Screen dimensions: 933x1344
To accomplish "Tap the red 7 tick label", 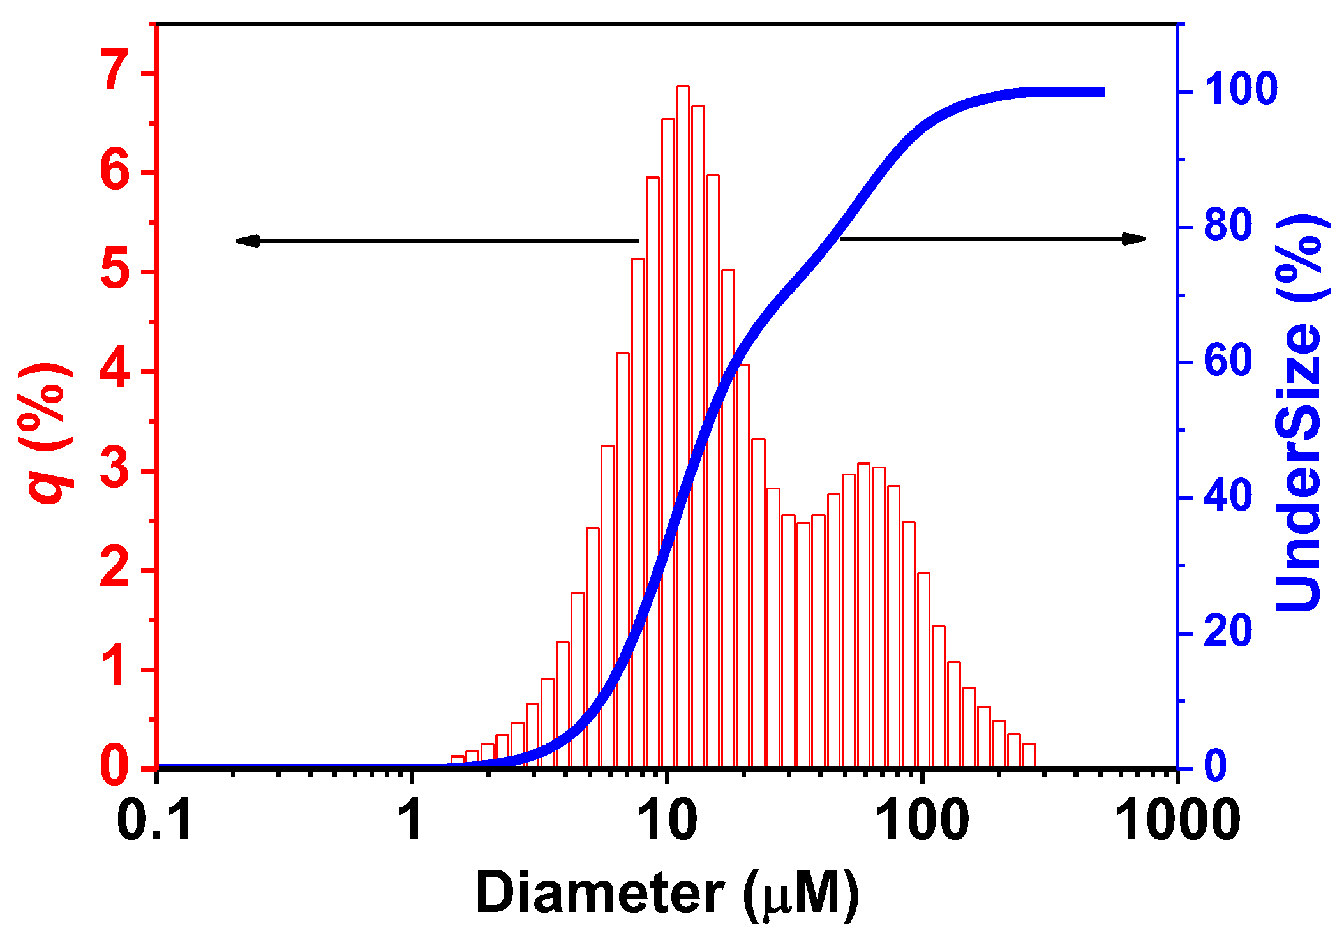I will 117,71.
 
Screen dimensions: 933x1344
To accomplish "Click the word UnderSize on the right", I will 1299,469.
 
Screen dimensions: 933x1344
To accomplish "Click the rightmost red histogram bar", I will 1028,756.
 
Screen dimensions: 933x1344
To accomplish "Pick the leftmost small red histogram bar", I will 457,762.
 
